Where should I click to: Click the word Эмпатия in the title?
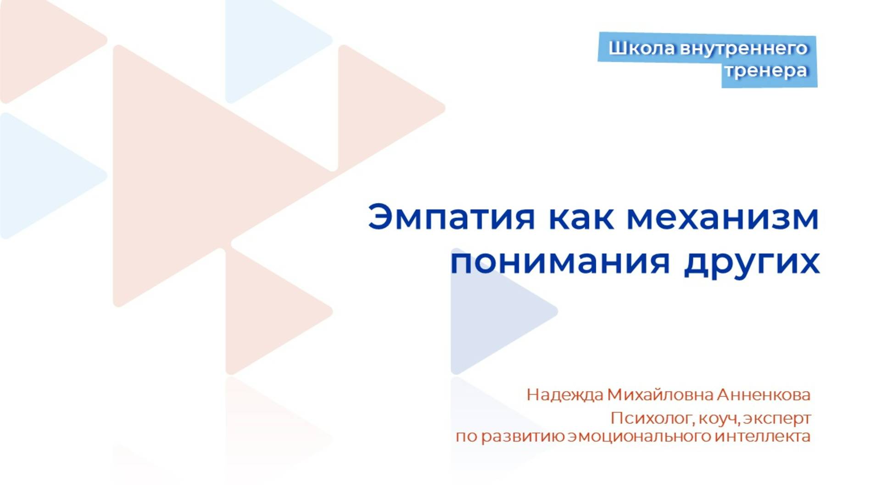(x=451, y=217)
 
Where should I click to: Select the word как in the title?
(x=581, y=217)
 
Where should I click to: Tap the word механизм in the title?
(x=723, y=217)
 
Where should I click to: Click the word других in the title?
(x=752, y=263)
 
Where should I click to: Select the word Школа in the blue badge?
(x=642, y=48)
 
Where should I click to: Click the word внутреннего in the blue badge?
(x=743, y=48)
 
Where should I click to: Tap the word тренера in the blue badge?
(x=766, y=71)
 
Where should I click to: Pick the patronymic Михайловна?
(x=660, y=395)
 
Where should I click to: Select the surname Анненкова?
(x=764, y=395)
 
